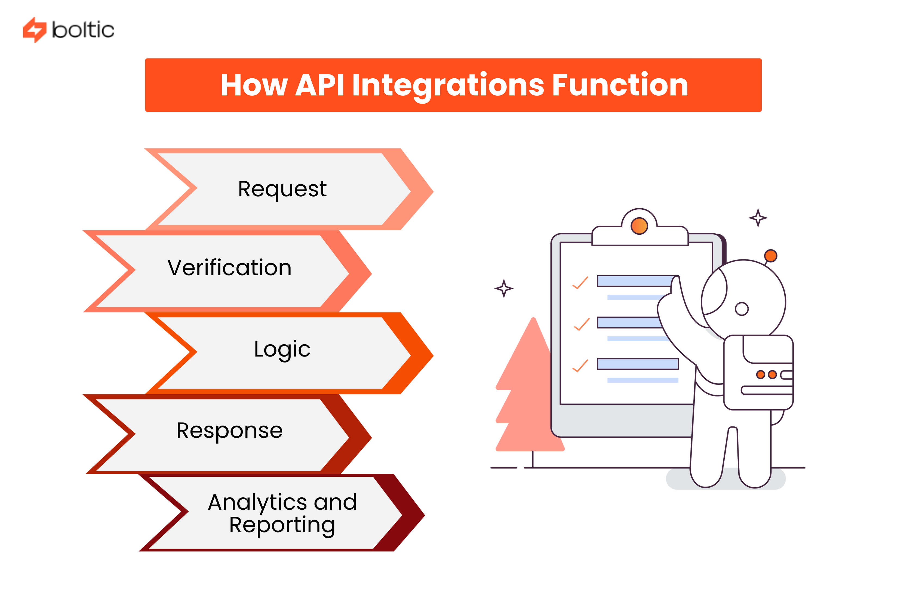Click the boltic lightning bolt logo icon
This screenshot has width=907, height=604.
(x=34, y=30)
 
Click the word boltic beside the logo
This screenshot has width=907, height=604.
(x=83, y=30)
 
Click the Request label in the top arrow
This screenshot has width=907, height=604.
(x=282, y=189)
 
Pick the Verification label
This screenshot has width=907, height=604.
(x=229, y=268)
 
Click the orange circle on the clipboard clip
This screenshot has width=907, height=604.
(x=639, y=226)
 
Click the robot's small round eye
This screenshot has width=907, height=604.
(x=741, y=309)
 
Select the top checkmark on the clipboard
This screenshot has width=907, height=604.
(x=580, y=283)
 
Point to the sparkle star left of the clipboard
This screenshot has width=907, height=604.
(x=503, y=288)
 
